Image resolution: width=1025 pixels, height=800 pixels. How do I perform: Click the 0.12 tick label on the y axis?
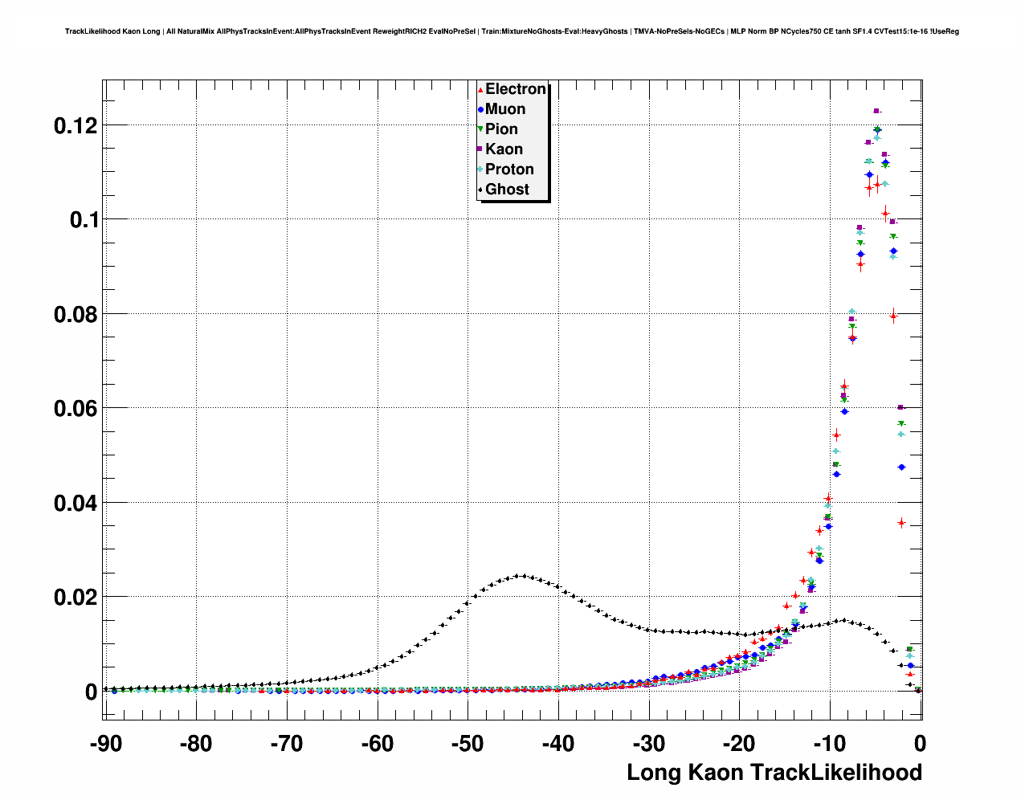point(76,125)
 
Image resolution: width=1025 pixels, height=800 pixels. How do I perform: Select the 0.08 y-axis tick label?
point(76,314)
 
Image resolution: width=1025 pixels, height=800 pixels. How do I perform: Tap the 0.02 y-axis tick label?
point(76,598)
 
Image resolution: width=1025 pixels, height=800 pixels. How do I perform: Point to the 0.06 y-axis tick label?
point(76,409)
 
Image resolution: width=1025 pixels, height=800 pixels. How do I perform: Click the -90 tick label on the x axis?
point(105,744)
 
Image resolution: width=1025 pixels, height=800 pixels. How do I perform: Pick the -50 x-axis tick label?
point(468,744)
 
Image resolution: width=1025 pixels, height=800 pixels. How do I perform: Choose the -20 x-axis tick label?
point(739,744)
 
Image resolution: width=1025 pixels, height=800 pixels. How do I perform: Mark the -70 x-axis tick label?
point(287,744)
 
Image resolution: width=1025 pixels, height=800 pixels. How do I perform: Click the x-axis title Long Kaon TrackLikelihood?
point(774,773)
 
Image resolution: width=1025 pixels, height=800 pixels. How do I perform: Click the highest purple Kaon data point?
point(876,111)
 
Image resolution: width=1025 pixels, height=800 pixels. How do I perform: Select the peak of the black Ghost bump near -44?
point(521,575)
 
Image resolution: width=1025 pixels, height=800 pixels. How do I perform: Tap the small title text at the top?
point(512,31)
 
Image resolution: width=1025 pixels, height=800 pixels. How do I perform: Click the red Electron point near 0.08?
point(893,316)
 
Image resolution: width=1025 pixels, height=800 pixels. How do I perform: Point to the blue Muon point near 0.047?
point(901,467)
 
